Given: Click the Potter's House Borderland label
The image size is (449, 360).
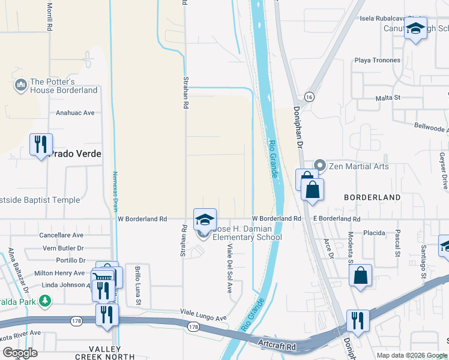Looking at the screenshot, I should coord(63,86).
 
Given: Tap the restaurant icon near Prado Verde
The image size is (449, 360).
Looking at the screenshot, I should coord(41,145).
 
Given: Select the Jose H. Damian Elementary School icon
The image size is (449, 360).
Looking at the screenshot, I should coord(205,220).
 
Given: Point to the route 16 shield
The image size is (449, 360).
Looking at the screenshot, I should coord(309,96).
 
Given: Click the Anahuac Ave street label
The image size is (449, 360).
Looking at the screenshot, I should coord(75,112).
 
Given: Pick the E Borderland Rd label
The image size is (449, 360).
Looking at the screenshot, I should coord(333,219).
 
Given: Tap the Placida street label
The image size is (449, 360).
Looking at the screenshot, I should coord(374,232).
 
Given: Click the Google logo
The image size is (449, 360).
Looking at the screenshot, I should coord(20,352).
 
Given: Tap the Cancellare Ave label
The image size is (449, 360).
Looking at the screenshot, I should coord(61,235).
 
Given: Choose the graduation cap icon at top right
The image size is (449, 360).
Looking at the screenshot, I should coord(415,28).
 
